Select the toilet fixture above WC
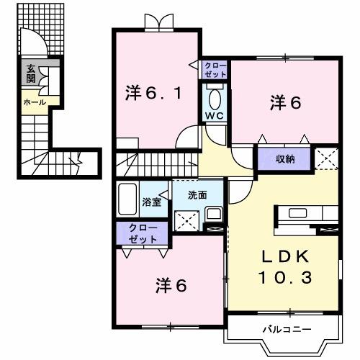click(215, 96)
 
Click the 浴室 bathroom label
click(151, 203)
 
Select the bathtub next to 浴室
click(128, 199)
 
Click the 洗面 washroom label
click(198, 194)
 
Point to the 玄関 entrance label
click(31, 74)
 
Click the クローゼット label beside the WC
click(215, 71)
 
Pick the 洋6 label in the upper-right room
click(284, 103)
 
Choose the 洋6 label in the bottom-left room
click(171, 286)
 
